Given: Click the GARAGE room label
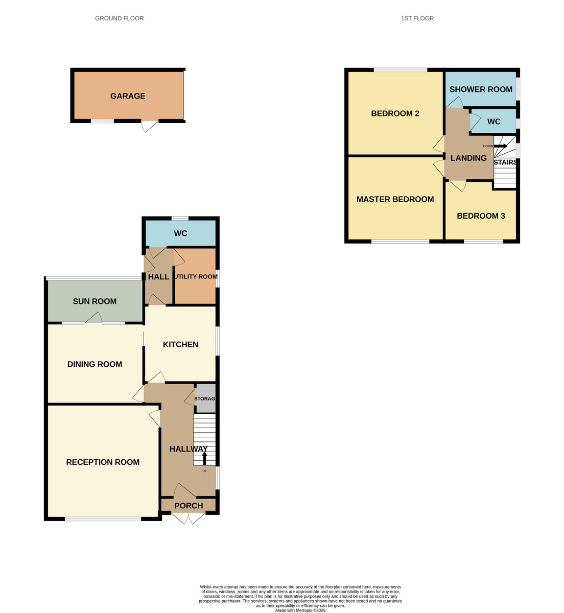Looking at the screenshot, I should [128, 96].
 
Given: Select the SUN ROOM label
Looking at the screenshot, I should [95, 301].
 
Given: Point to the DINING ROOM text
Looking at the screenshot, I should [95, 364].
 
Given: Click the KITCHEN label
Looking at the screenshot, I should [180, 344].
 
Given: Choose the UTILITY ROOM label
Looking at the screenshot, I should [196, 277].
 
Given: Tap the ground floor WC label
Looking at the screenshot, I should [180, 233].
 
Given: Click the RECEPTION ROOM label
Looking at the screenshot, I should [103, 462].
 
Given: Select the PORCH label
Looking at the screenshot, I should [189, 506].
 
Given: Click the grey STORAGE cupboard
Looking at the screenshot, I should [205, 399].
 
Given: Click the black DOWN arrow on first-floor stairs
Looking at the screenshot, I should [500, 146].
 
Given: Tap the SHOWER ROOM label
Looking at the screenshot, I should [481, 89].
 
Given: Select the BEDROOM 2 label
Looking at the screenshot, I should [395, 113].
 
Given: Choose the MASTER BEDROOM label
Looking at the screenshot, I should [395, 199].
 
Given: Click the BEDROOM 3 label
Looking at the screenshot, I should [481, 216].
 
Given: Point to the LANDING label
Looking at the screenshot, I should [468, 158].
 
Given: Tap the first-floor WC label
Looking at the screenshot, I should [494, 122].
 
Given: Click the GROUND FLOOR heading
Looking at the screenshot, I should [119, 18].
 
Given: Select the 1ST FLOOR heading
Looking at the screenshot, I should [417, 18].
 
